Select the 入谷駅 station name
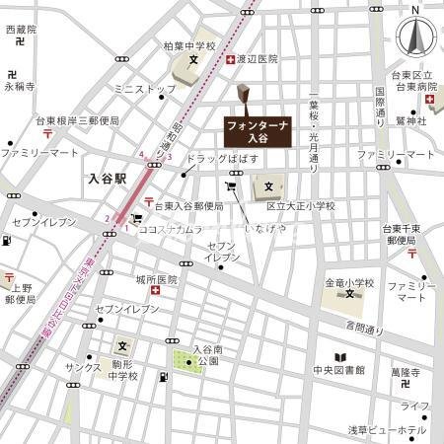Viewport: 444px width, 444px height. click(x=106, y=179)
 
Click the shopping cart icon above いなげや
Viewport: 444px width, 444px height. click(x=232, y=186)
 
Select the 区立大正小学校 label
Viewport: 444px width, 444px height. click(x=300, y=206)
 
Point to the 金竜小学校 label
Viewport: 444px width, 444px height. click(x=350, y=283)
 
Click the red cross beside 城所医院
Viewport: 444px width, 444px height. click(x=155, y=290)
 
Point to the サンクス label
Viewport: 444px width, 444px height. click(x=84, y=367)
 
